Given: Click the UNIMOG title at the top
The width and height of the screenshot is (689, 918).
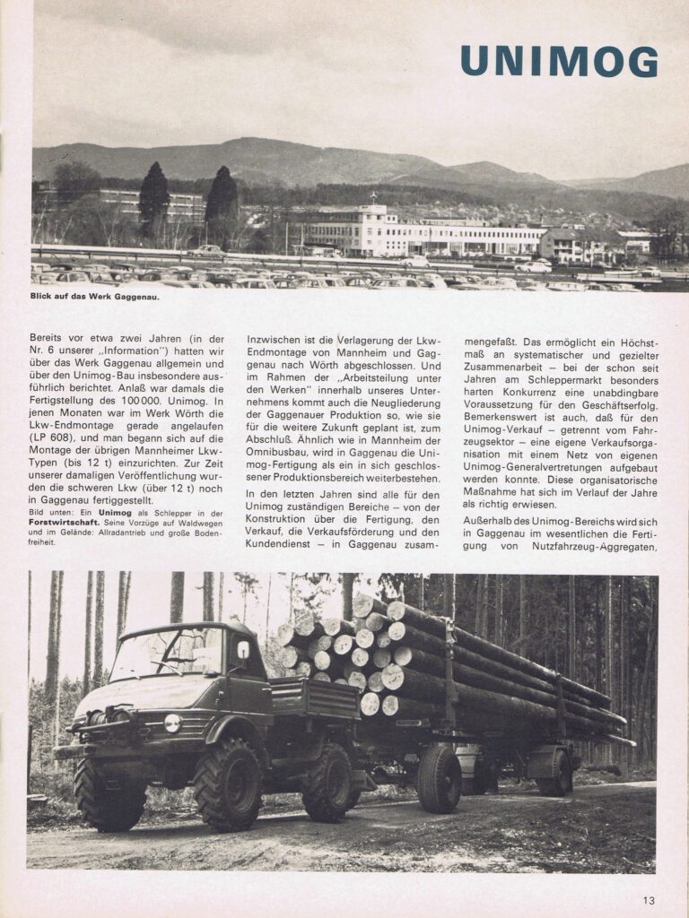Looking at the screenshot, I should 558,61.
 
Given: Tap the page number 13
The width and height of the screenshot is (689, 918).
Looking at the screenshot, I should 649,901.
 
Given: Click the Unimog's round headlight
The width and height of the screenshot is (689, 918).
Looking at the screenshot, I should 172,723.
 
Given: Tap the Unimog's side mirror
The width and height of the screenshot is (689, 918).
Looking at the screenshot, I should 243,649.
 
